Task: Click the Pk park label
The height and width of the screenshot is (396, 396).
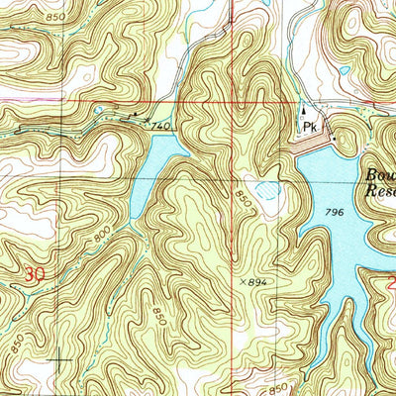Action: (x=310, y=128)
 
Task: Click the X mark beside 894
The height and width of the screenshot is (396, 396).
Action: (x=243, y=281)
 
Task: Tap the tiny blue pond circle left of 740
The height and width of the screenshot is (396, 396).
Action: (x=99, y=112)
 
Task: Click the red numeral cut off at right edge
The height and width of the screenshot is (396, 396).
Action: (x=391, y=284)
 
